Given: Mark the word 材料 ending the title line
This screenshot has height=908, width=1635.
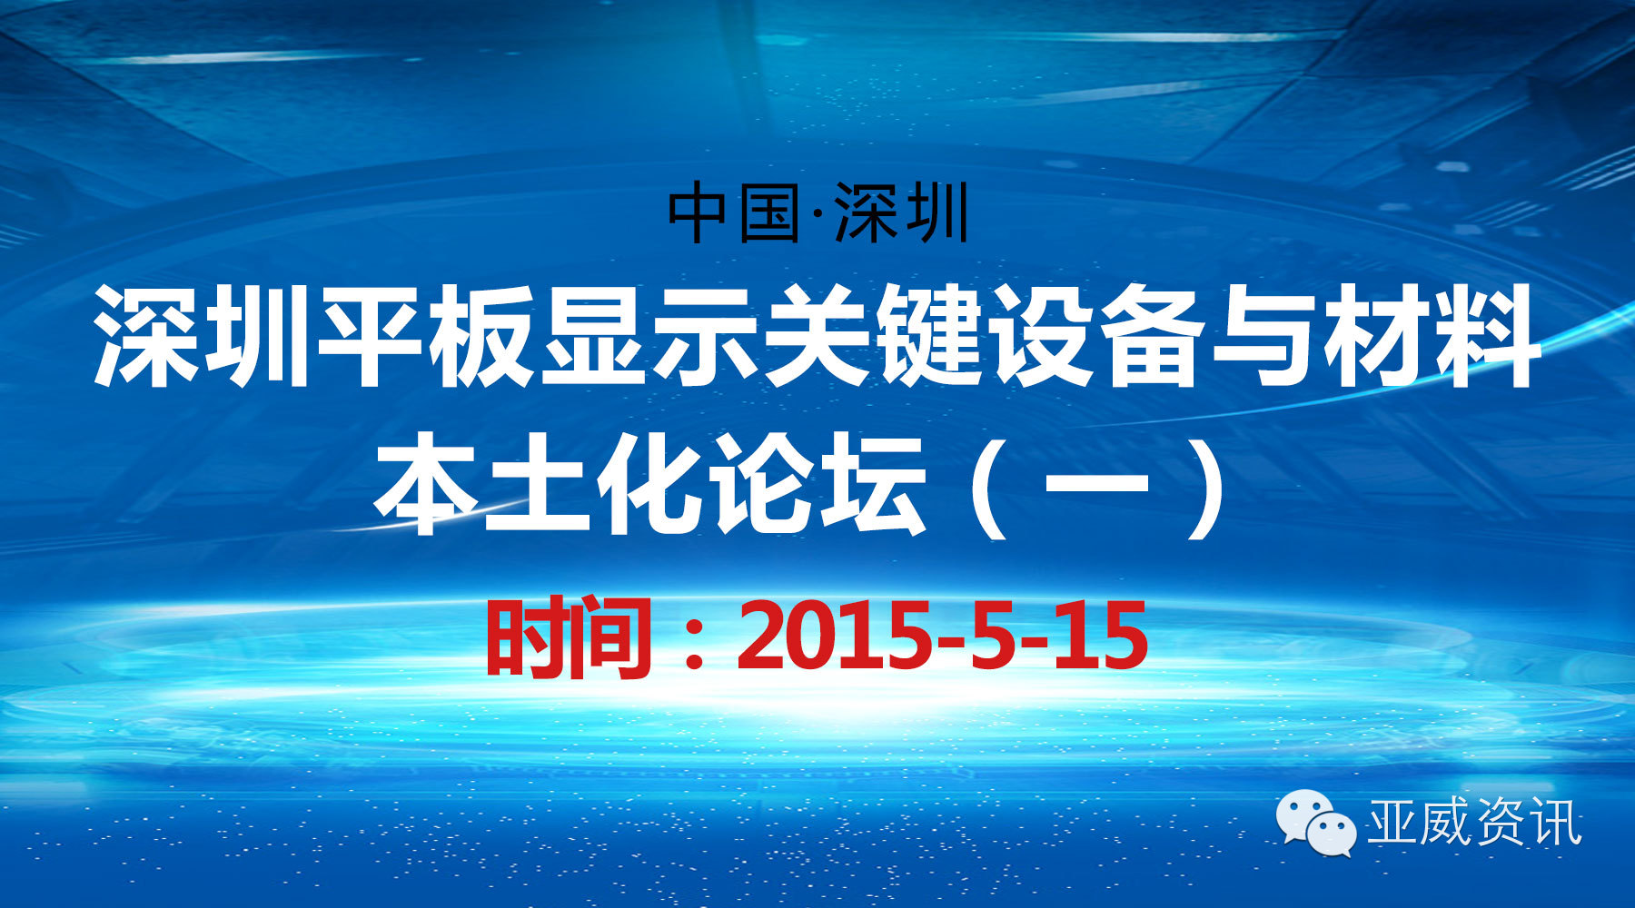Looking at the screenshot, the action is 1430,334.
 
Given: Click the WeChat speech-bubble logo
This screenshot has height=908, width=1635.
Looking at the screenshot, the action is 1317,821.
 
